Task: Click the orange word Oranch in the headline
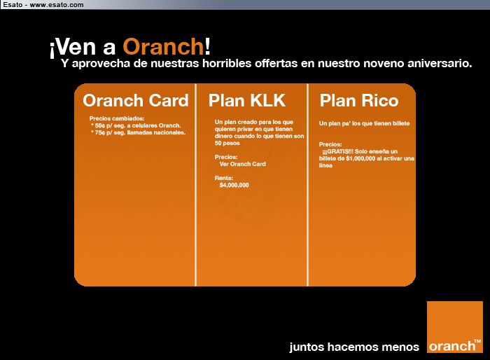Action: [163, 47]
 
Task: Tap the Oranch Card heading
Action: [136, 100]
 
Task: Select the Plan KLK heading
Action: [247, 100]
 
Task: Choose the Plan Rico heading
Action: [359, 101]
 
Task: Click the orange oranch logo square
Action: [455, 327]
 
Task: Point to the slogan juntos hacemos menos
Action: [354, 347]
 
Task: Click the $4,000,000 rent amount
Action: [234, 185]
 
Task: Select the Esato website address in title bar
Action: [57, 5]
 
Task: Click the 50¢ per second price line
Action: [136, 125]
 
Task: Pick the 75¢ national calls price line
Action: [138, 132]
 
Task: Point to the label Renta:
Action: [224, 178]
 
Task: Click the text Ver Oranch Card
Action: [242, 164]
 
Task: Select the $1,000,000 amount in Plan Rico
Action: [360, 158]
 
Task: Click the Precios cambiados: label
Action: [117, 118]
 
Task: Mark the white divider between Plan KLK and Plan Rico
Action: [308, 184]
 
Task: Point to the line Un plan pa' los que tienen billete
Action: [364, 123]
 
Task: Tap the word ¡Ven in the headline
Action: [73, 48]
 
